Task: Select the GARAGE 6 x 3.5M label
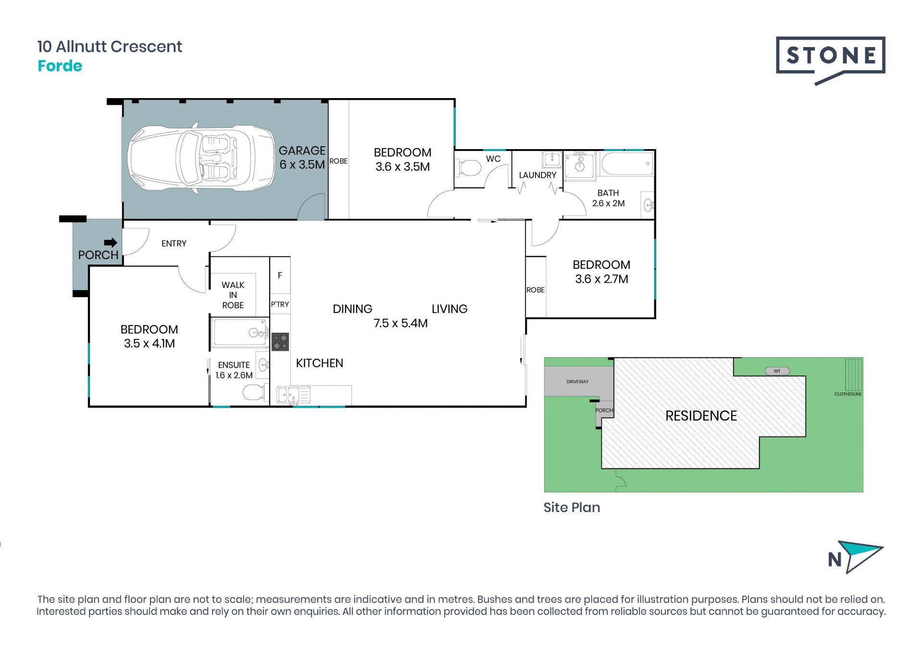tap(302, 158)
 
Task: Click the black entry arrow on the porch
tap(111, 242)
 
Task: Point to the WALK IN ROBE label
tap(233, 295)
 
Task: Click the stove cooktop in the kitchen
tap(280, 342)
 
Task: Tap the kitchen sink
tap(293, 395)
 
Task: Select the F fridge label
tap(280, 276)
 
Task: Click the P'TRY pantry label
tap(280, 304)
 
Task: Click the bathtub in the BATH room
tap(627, 164)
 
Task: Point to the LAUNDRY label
tap(537, 175)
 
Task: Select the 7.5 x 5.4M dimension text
tap(400, 323)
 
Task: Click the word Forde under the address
tap(60, 66)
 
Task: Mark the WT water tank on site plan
tap(777, 371)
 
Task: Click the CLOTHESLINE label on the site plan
tap(848, 394)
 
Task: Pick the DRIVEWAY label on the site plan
tap(577, 382)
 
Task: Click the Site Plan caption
tap(572, 508)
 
